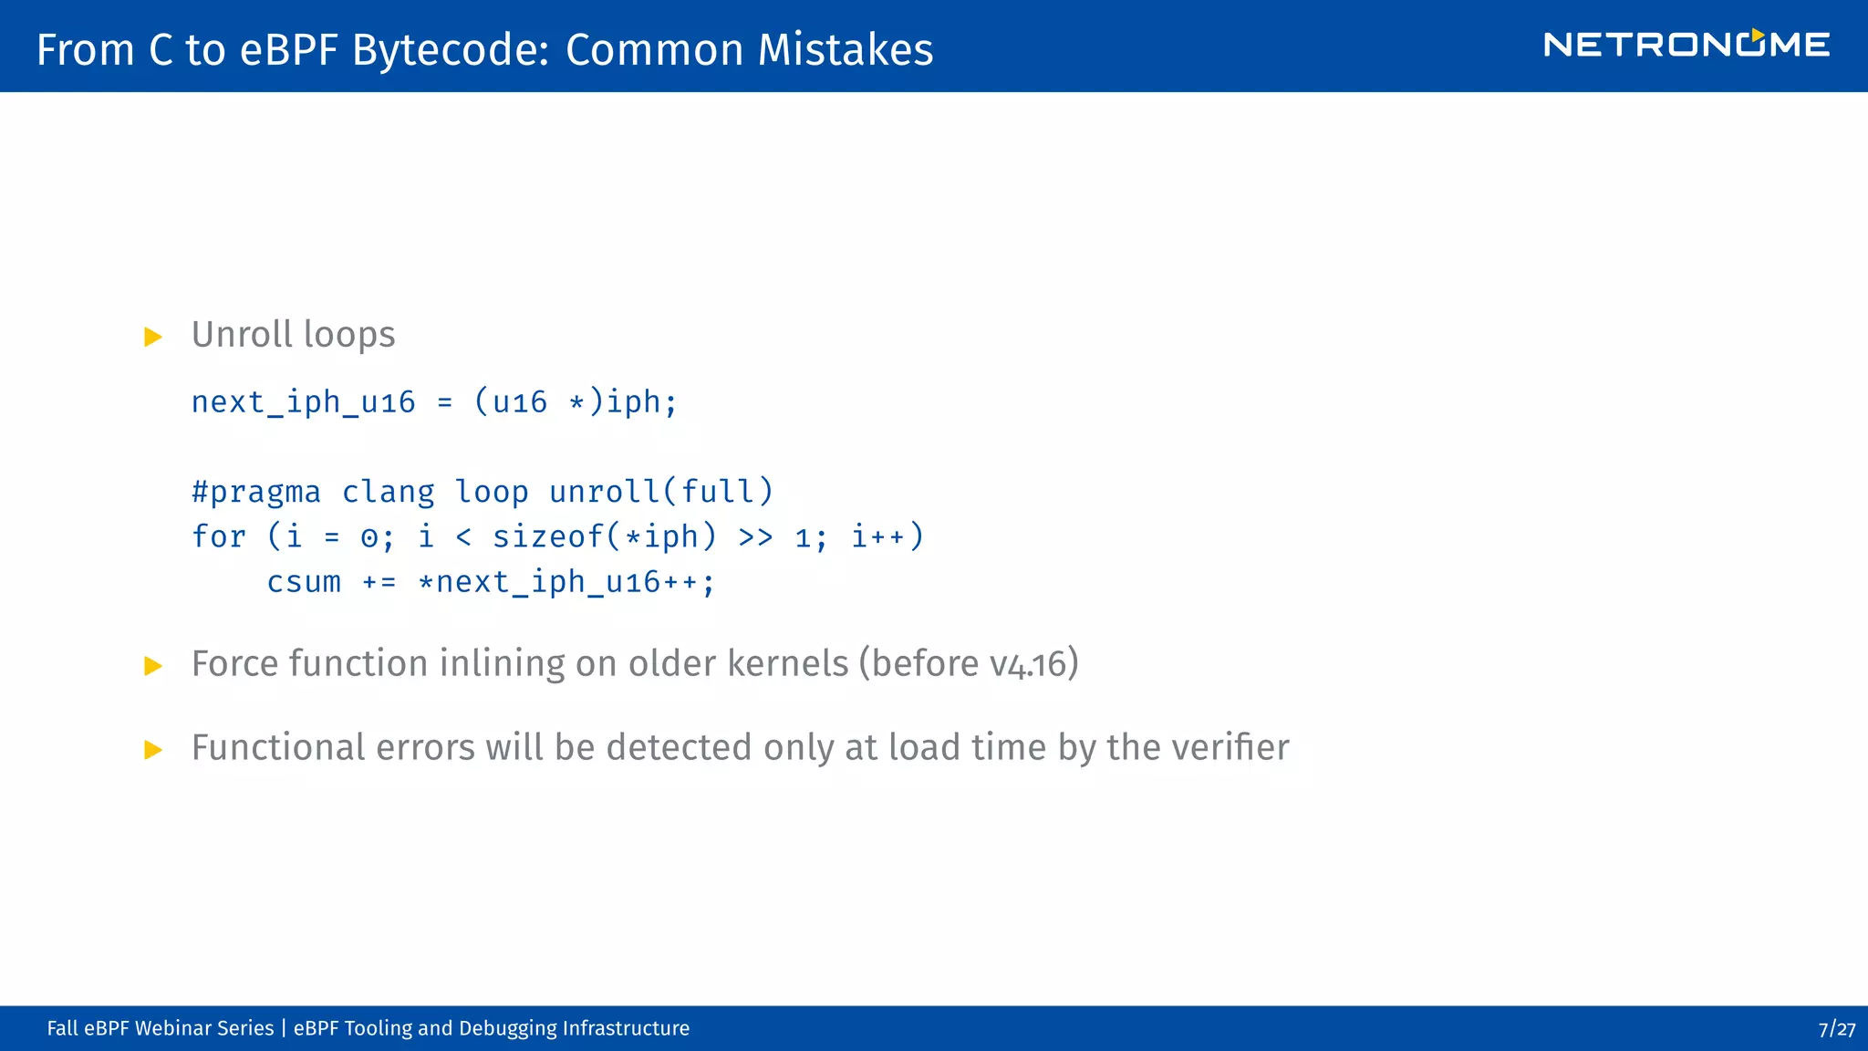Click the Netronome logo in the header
[x=1686, y=45]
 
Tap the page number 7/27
[x=1836, y=1029]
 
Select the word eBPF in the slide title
[x=289, y=49]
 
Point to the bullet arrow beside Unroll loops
[x=153, y=338]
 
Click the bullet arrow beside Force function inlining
[x=153, y=666]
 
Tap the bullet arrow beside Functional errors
[x=153, y=750]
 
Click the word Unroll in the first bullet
[x=243, y=335]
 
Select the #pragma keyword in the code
[x=256, y=493]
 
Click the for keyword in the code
[x=219, y=536]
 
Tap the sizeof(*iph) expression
[x=604, y=536]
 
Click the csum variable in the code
[x=304, y=582]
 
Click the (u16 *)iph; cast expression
[x=576, y=402]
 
